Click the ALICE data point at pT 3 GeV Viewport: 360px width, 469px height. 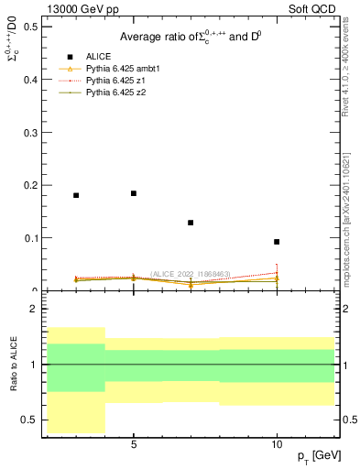tap(76, 195)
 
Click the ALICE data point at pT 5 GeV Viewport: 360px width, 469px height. tap(134, 193)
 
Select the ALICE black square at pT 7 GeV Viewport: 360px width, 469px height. tap(191, 223)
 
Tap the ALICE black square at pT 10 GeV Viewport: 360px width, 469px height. tap(277, 242)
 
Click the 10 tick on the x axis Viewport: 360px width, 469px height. tap(277, 445)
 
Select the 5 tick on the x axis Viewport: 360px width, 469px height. tap(134, 445)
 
